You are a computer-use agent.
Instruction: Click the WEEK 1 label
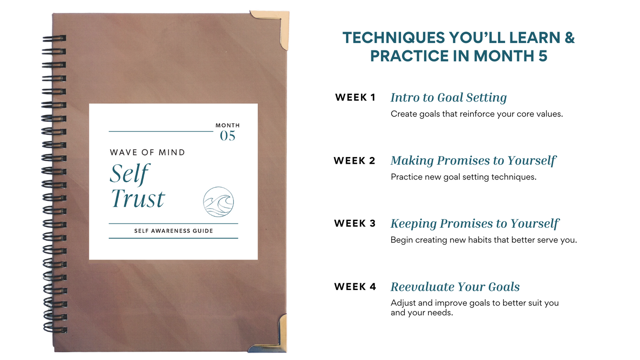coord(355,97)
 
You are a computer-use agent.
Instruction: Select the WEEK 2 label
coord(354,160)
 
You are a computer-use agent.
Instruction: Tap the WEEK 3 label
coord(355,224)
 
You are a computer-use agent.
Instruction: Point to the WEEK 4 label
coord(355,287)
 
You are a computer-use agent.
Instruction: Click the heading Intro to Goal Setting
coord(448,97)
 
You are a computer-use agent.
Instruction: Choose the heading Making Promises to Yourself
coord(474,161)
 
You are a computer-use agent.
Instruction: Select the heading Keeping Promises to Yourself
coord(474,224)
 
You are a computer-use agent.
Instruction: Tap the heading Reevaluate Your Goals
coord(455,287)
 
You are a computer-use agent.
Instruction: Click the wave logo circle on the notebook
coord(218,202)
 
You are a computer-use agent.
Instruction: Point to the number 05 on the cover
coord(228,136)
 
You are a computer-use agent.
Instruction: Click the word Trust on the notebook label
coord(138,198)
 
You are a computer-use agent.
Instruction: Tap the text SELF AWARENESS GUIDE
coord(174,231)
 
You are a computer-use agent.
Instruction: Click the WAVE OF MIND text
coord(148,152)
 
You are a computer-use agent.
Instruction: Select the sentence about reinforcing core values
coord(477,114)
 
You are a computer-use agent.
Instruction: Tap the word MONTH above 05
coord(228,125)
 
